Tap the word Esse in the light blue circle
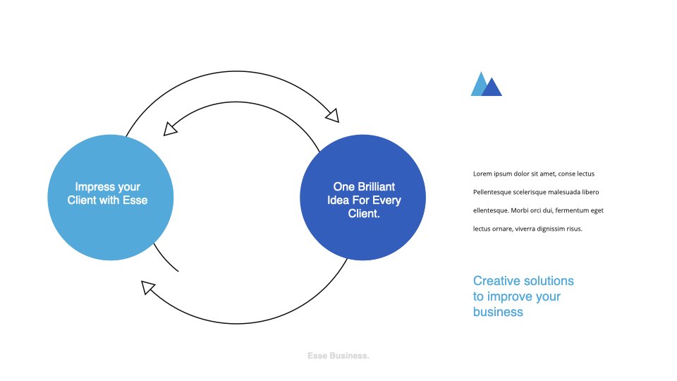coord(135,200)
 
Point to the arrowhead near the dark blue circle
coord(333,116)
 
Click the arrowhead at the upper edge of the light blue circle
coord(170,129)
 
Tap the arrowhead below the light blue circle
coord(147,287)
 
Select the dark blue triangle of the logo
coord(492,87)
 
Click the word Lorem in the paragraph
coord(482,174)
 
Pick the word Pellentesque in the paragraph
coord(492,192)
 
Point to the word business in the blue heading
coord(498,312)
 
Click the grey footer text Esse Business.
coord(338,356)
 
